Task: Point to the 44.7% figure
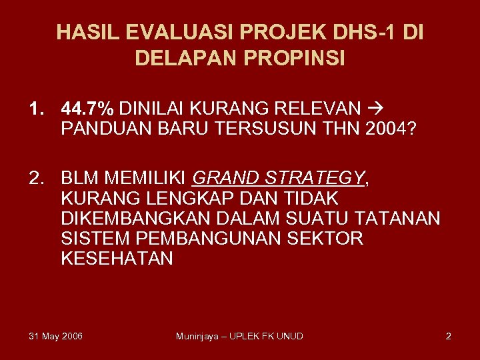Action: pyautogui.click(x=87, y=107)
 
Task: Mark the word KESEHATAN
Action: pyautogui.click(x=117, y=259)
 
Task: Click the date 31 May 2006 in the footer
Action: pyautogui.click(x=56, y=336)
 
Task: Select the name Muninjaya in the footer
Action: pyautogui.click(x=197, y=336)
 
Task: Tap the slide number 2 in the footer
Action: pyautogui.click(x=448, y=336)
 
